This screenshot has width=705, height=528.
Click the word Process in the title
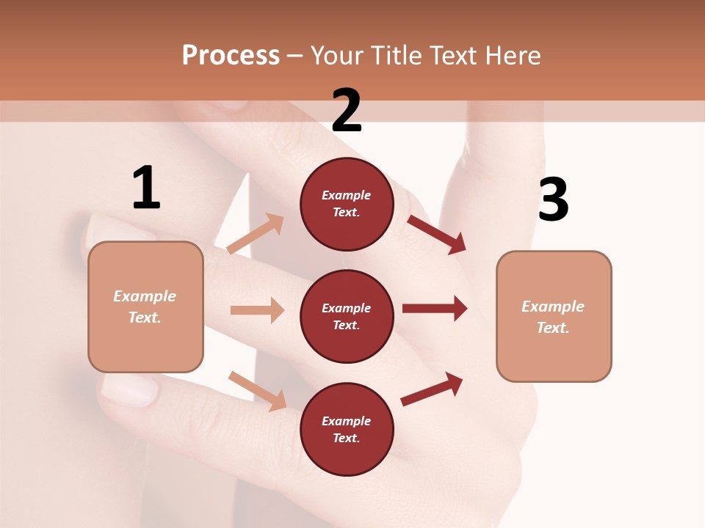pyautogui.click(x=231, y=55)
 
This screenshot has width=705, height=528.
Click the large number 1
pyautogui.click(x=145, y=188)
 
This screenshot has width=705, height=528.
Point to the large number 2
pyautogui.click(x=347, y=110)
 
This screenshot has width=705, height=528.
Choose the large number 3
pyautogui.click(x=553, y=199)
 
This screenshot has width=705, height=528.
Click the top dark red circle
pyautogui.click(x=347, y=204)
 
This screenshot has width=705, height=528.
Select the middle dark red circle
pyautogui.click(x=347, y=316)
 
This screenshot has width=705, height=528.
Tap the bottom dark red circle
pyautogui.click(x=347, y=429)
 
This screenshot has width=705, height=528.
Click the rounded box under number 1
pyautogui.click(x=145, y=307)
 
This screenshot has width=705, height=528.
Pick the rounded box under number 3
pyautogui.click(x=554, y=316)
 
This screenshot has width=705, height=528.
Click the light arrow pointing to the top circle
pyautogui.click(x=256, y=234)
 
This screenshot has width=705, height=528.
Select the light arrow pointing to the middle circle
pyautogui.click(x=257, y=310)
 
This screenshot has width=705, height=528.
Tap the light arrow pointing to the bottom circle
pyautogui.click(x=257, y=391)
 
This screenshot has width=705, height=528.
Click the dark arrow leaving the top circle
pyautogui.click(x=436, y=235)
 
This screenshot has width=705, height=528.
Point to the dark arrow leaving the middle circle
pyautogui.click(x=435, y=309)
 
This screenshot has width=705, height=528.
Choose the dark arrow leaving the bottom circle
pyautogui.click(x=432, y=389)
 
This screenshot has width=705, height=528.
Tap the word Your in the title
pyautogui.click(x=336, y=55)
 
